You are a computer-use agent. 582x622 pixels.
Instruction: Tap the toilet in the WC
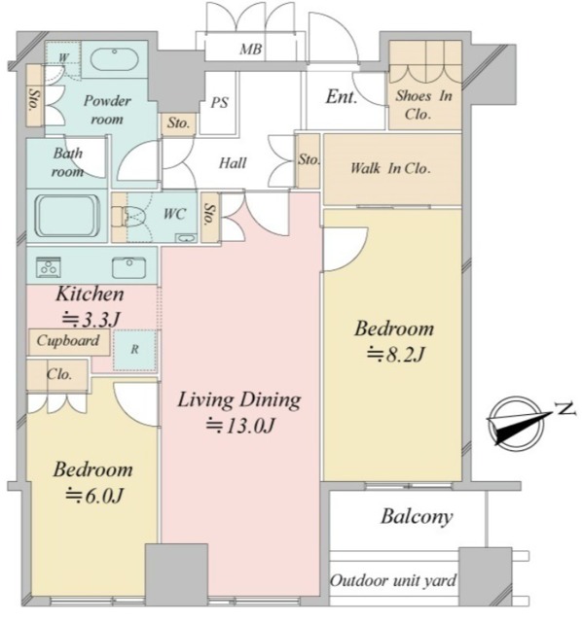(130, 216)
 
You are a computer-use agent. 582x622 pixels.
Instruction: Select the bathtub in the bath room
(67, 216)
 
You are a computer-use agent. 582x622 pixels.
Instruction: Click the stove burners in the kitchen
(49, 267)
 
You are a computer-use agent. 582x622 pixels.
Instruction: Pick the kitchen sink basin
(128, 268)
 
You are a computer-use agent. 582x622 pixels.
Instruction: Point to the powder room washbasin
(115, 59)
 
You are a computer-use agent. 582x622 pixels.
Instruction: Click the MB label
(251, 50)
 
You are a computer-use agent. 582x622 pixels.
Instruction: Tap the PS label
(219, 103)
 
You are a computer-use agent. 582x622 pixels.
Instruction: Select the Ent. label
(342, 97)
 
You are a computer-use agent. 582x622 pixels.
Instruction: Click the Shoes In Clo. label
(424, 105)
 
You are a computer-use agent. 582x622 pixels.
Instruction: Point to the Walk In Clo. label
(390, 168)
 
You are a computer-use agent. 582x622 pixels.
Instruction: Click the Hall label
(233, 162)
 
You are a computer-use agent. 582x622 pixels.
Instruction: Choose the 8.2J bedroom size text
(396, 354)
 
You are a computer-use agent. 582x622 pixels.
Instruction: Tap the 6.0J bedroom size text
(95, 496)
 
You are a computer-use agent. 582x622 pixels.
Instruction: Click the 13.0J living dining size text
(240, 426)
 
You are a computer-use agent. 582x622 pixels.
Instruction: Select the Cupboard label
(68, 341)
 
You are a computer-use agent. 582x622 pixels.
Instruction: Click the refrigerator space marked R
(135, 350)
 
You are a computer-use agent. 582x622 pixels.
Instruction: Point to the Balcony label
(417, 517)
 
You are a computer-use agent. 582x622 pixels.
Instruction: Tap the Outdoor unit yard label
(393, 581)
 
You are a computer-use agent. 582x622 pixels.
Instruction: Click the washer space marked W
(63, 57)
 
